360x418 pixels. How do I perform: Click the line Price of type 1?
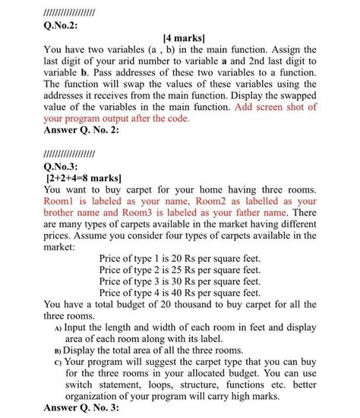tap(180, 259)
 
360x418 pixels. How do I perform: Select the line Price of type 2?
tap(180, 270)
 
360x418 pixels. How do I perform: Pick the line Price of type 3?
tap(180, 281)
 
